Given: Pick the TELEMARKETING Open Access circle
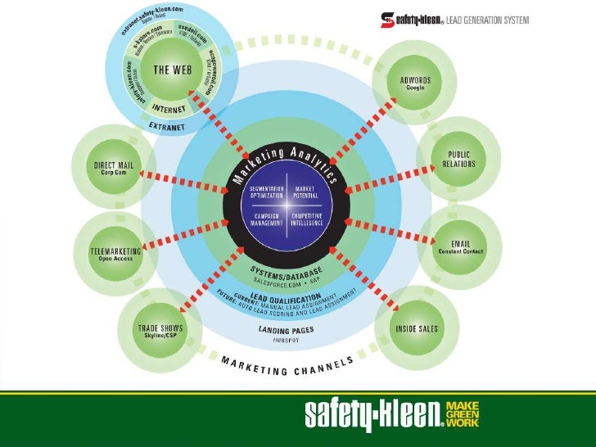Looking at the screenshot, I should [115, 248].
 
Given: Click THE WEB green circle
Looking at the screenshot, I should [172, 70].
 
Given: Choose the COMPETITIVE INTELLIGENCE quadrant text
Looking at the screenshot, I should [307, 219].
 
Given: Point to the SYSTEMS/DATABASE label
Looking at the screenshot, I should [287, 269].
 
